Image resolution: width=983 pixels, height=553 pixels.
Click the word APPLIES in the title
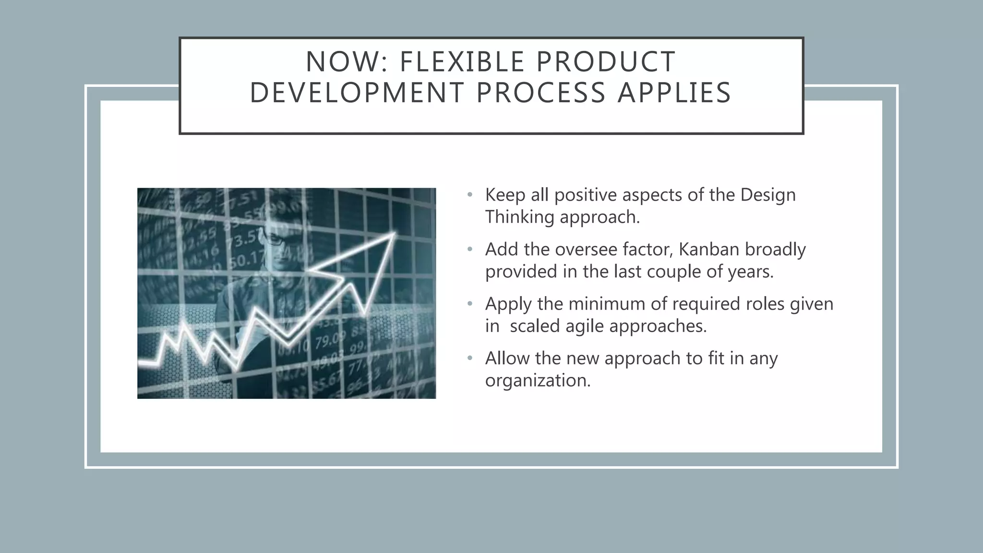[674, 93]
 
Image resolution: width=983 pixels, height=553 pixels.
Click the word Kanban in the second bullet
[708, 250]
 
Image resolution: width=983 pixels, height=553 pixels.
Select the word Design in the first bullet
[768, 195]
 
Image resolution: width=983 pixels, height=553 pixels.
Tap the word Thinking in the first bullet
[520, 217]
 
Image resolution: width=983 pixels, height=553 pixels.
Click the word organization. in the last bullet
[538, 381]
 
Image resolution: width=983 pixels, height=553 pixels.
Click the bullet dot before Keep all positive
[470, 195]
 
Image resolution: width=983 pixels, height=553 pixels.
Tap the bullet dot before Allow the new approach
[470, 359]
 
